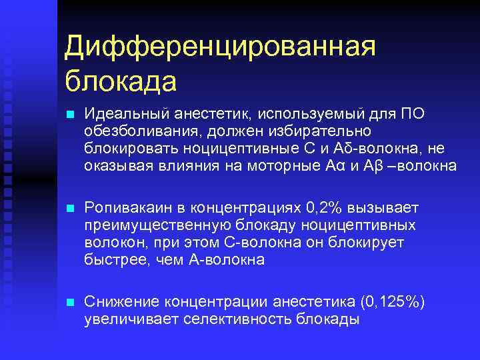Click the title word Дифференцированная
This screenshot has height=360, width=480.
pyautogui.click(x=220, y=49)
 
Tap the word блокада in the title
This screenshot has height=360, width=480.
pyautogui.click(x=121, y=82)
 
